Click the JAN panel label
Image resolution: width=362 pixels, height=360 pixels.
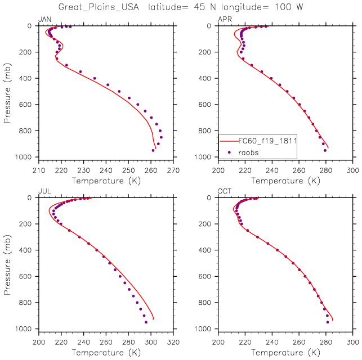tap(44, 20)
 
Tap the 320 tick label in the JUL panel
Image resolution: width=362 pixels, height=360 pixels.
tap(173, 341)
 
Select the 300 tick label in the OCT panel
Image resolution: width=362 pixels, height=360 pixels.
tap(353, 341)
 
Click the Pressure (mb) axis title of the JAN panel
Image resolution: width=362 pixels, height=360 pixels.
tap(7, 92)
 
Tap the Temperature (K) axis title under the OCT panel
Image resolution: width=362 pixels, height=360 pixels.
tap(285, 352)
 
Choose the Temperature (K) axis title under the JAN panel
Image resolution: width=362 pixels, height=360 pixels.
tap(106, 181)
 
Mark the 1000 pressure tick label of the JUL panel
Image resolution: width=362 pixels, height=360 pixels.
tap(25, 328)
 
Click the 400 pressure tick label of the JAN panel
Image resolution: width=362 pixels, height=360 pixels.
tap(28, 78)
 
